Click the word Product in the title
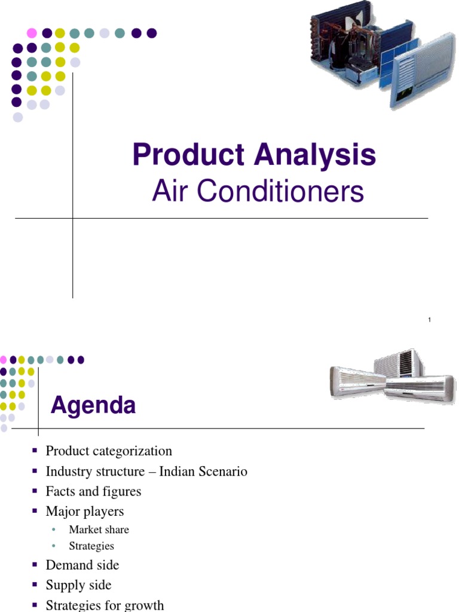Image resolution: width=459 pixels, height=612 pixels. coord(189,155)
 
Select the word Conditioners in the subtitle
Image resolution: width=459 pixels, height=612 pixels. coord(281,192)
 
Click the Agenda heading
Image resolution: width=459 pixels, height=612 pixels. coord(93,406)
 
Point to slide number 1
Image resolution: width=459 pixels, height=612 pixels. coord(429,321)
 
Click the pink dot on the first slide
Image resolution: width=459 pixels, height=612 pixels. coord(32,33)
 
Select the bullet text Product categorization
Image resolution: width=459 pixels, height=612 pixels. coord(109,451)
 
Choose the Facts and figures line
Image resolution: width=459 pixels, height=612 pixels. coord(93,491)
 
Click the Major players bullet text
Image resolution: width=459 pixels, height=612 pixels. coord(85,511)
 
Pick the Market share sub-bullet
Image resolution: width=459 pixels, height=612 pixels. coord(99,530)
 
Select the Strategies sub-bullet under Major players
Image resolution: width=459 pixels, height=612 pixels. coord(91,546)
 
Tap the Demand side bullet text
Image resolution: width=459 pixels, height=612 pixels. coord(82,565)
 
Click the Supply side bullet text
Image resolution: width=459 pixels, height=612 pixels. coord(78,585)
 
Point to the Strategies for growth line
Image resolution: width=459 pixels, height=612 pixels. coord(105,605)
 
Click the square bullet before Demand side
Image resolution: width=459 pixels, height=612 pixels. coord(34,565)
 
